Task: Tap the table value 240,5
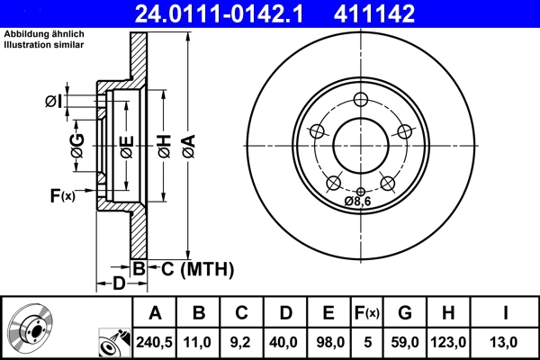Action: (155, 342)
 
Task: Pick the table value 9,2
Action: (242, 342)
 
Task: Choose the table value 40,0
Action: (285, 342)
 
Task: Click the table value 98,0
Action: (328, 342)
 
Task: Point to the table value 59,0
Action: (405, 342)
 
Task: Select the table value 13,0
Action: (506, 342)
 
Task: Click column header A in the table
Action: (155, 313)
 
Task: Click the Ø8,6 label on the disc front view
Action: (360, 202)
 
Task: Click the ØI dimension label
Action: (53, 102)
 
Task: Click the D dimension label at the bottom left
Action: (119, 284)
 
